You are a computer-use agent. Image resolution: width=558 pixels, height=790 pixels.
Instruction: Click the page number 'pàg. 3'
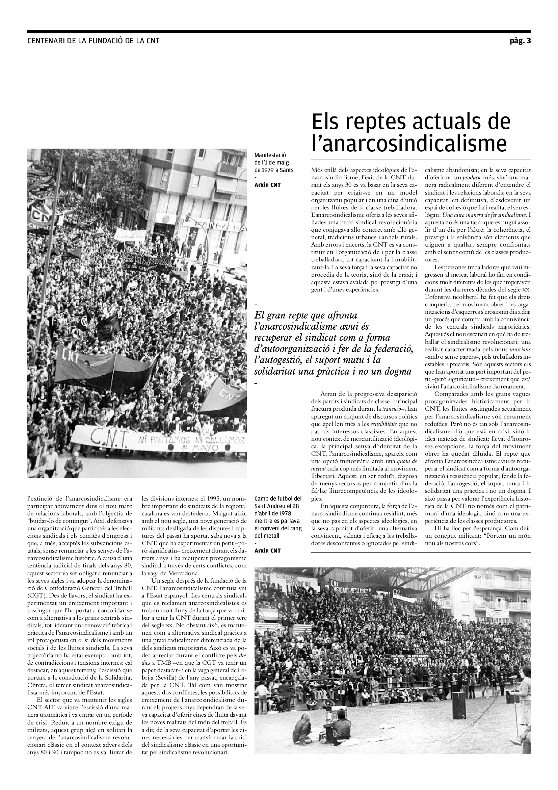(520, 41)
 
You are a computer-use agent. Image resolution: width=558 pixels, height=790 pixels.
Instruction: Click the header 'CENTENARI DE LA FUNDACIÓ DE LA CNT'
(94, 41)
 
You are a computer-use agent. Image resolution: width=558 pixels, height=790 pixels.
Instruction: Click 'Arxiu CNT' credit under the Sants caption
(267, 185)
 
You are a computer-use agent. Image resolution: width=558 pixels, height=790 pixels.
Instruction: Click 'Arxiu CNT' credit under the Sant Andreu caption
(267, 551)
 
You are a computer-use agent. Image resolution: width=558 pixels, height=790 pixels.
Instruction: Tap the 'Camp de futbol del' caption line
(278, 499)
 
